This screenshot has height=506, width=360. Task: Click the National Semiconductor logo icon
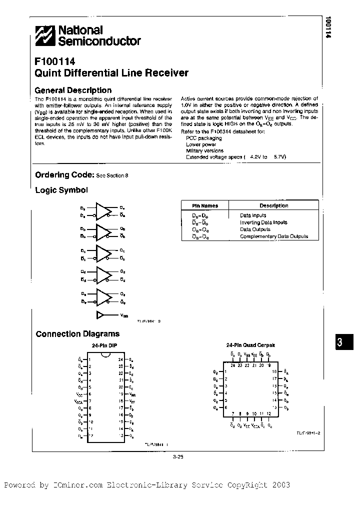(x=45, y=37)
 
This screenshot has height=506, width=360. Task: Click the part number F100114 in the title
(x=55, y=62)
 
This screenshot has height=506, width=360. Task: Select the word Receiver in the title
(x=166, y=73)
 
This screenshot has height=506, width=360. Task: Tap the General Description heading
(x=72, y=90)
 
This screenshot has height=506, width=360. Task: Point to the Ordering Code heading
(x=64, y=175)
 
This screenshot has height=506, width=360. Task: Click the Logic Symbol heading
(x=61, y=190)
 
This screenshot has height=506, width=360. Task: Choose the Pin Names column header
(x=205, y=205)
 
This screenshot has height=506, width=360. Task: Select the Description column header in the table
(x=273, y=205)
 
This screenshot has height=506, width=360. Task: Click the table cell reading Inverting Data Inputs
(x=263, y=222)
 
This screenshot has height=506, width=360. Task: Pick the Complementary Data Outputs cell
(x=274, y=236)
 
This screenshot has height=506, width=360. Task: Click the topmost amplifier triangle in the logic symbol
(x=103, y=210)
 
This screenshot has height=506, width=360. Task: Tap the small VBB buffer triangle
(x=101, y=315)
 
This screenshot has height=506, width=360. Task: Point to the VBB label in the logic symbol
(x=123, y=315)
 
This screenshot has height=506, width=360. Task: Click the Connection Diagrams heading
(x=77, y=334)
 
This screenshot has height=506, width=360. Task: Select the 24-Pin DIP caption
(x=104, y=346)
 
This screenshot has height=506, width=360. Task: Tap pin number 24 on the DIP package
(x=120, y=359)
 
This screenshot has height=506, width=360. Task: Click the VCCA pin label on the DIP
(x=79, y=401)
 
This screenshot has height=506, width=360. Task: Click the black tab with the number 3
(x=339, y=342)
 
